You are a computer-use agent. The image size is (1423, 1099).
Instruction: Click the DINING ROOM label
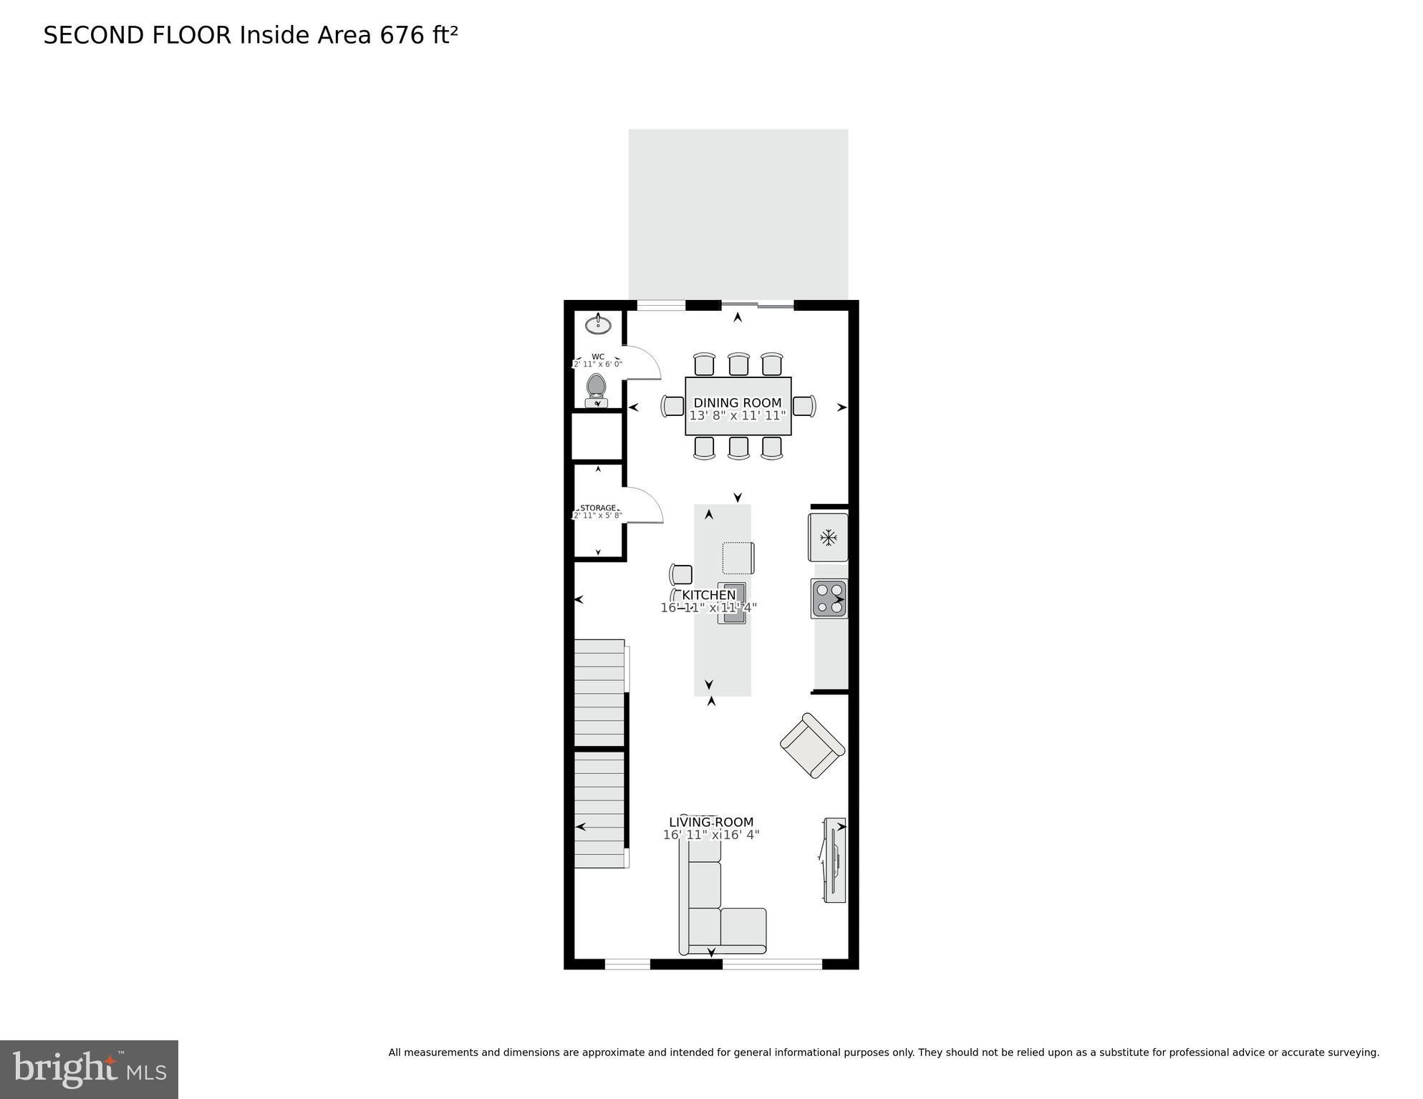click(737, 403)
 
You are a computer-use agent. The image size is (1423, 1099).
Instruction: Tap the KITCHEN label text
click(708, 596)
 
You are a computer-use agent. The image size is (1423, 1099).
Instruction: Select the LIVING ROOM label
click(710, 823)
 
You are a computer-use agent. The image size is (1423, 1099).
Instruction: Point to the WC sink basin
click(598, 325)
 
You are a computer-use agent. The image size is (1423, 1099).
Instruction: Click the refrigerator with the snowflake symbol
click(829, 537)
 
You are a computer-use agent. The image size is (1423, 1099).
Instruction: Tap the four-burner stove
click(829, 599)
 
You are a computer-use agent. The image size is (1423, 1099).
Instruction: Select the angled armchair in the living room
click(812, 745)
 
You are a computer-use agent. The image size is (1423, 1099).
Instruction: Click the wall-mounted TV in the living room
click(834, 860)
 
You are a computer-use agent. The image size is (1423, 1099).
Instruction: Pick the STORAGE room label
click(598, 508)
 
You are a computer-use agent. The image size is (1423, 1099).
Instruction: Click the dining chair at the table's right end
click(804, 406)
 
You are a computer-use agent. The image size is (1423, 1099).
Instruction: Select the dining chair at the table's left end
click(672, 406)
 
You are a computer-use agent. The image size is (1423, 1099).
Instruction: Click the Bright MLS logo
click(89, 1069)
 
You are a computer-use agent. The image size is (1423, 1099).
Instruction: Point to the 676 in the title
click(402, 35)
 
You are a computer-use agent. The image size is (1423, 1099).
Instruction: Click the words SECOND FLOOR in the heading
click(138, 35)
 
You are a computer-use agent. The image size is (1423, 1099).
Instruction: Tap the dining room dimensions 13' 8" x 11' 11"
click(737, 415)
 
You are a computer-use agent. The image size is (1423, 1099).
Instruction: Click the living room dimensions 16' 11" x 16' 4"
click(710, 835)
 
